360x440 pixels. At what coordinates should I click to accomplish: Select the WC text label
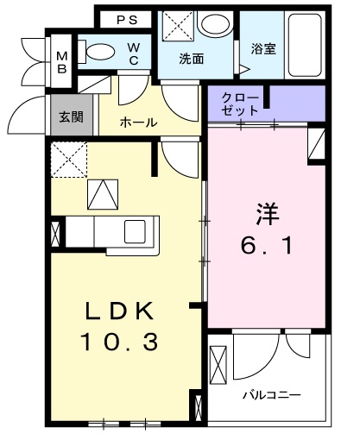point(136,54)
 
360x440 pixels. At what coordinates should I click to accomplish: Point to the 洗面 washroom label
point(191,60)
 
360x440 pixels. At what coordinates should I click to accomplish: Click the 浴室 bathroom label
point(263,49)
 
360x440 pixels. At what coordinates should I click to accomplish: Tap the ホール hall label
point(138,123)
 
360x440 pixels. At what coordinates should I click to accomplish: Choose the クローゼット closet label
point(239,104)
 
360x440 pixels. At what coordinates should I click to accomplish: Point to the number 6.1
point(266,247)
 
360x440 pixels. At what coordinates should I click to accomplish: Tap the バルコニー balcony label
point(270,395)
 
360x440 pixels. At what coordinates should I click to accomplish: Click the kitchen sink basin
point(136,231)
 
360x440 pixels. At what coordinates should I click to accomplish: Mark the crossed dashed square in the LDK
point(69,160)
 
